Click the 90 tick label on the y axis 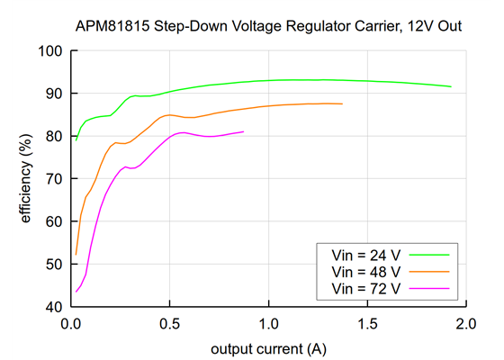(52, 94)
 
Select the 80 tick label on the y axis (52, 136)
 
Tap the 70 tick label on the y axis (52, 179)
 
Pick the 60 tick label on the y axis (52, 221)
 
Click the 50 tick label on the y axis (52, 265)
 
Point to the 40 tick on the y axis (52, 307)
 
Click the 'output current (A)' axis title (267, 347)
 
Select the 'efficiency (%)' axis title (26, 178)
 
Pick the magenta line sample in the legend (428, 287)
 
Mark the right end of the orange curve (342, 104)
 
